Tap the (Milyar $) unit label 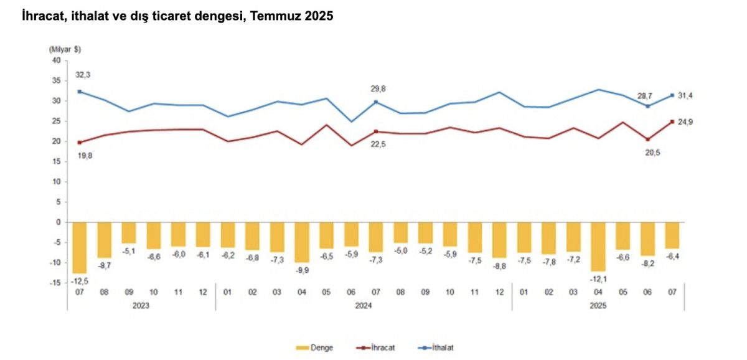[x=65, y=49]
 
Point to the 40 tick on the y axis [x=56, y=60]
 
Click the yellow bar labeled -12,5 [x=80, y=247]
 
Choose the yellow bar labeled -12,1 [x=598, y=246]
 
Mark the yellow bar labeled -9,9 [x=301, y=242]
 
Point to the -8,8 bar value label [x=500, y=265]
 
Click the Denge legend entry [x=317, y=347]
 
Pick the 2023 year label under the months [x=141, y=306]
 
